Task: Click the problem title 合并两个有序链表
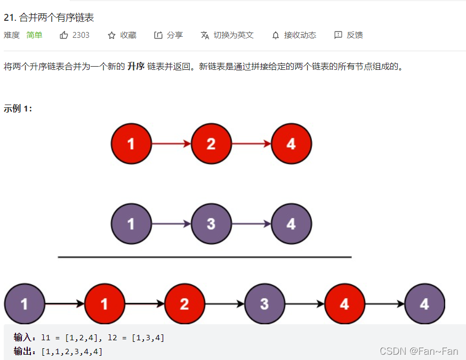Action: tap(56, 18)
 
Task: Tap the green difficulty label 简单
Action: tap(34, 35)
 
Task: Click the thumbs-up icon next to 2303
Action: tap(64, 35)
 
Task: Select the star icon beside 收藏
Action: tap(111, 35)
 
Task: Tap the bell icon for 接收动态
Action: tap(276, 35)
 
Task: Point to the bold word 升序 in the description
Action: tap(136, 67)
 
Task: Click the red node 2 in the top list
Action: tap(211, 143)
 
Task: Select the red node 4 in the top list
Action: tap(291, 143)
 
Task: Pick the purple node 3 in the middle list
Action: tap(211, 224)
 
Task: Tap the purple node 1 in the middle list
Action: tap(131, 224)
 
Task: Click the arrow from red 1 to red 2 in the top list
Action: tap(171, 143)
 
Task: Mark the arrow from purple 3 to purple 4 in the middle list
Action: tap(251, 224)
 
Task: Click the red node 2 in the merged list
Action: tap(184, 304)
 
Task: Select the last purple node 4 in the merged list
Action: tap(424, 304)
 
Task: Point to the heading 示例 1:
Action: tap(18, 109)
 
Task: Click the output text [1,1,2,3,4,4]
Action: tap(71, 351)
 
